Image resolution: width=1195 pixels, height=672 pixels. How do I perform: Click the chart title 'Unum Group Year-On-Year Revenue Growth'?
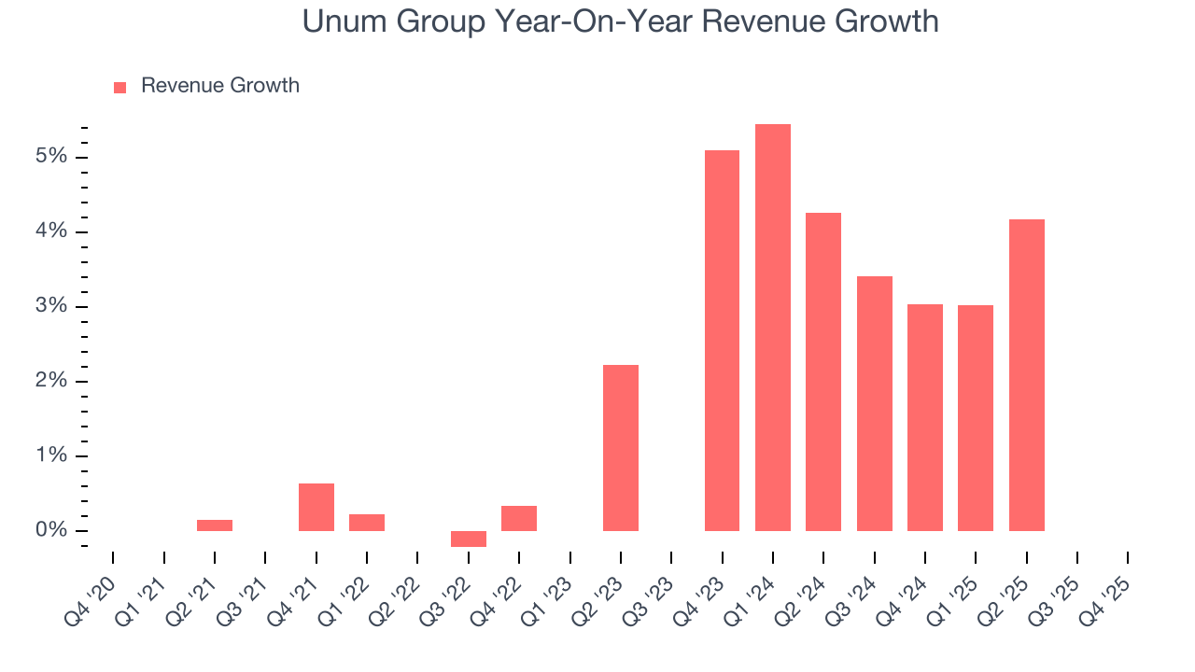click(x=620, y=21)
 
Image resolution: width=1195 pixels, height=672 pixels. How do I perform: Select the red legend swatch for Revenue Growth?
click(x=119, y=87)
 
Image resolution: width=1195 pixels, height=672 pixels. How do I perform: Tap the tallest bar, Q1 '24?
click(x=773, y=327)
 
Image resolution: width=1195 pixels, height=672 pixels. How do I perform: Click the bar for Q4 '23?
click(x=722, y=341)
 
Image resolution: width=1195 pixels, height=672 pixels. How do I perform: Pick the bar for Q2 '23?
click(x=621, y=448)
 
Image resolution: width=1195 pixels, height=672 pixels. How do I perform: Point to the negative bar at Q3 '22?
click(x=469, y=539)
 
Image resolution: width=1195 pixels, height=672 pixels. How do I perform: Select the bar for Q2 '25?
click(x=1026, y=375)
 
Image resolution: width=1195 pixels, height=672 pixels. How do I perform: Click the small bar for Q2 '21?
click(x=215, y=525)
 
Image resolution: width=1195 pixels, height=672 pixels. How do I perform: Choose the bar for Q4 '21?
click(x=316, y=507)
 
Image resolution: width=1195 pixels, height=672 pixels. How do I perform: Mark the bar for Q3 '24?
click(x=875, y=403)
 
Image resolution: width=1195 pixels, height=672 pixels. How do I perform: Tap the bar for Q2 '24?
click(x=823, y=371)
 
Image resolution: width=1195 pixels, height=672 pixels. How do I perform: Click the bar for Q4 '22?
click(x=519, y=518)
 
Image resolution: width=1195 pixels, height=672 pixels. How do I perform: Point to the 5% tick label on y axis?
click(x=51, y=156)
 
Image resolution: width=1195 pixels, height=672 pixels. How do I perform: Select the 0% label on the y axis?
click(x=51, y=531)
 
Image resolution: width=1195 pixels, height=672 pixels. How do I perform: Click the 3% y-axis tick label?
click(x=51, y=306)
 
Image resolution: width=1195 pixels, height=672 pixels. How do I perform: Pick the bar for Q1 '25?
click(x=976, y=418)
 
